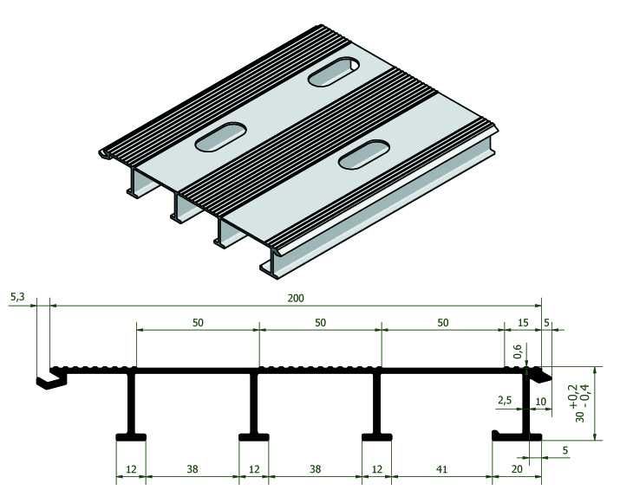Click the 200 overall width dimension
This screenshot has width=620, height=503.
coord(296,297)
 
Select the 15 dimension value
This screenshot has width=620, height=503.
coord(522,322)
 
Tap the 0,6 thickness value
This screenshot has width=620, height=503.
coord(518,351)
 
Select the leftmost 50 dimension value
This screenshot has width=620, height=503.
coord(198,322)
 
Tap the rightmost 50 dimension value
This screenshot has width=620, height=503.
coord(442,322)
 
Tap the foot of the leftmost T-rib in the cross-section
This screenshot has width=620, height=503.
coord(131,438)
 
